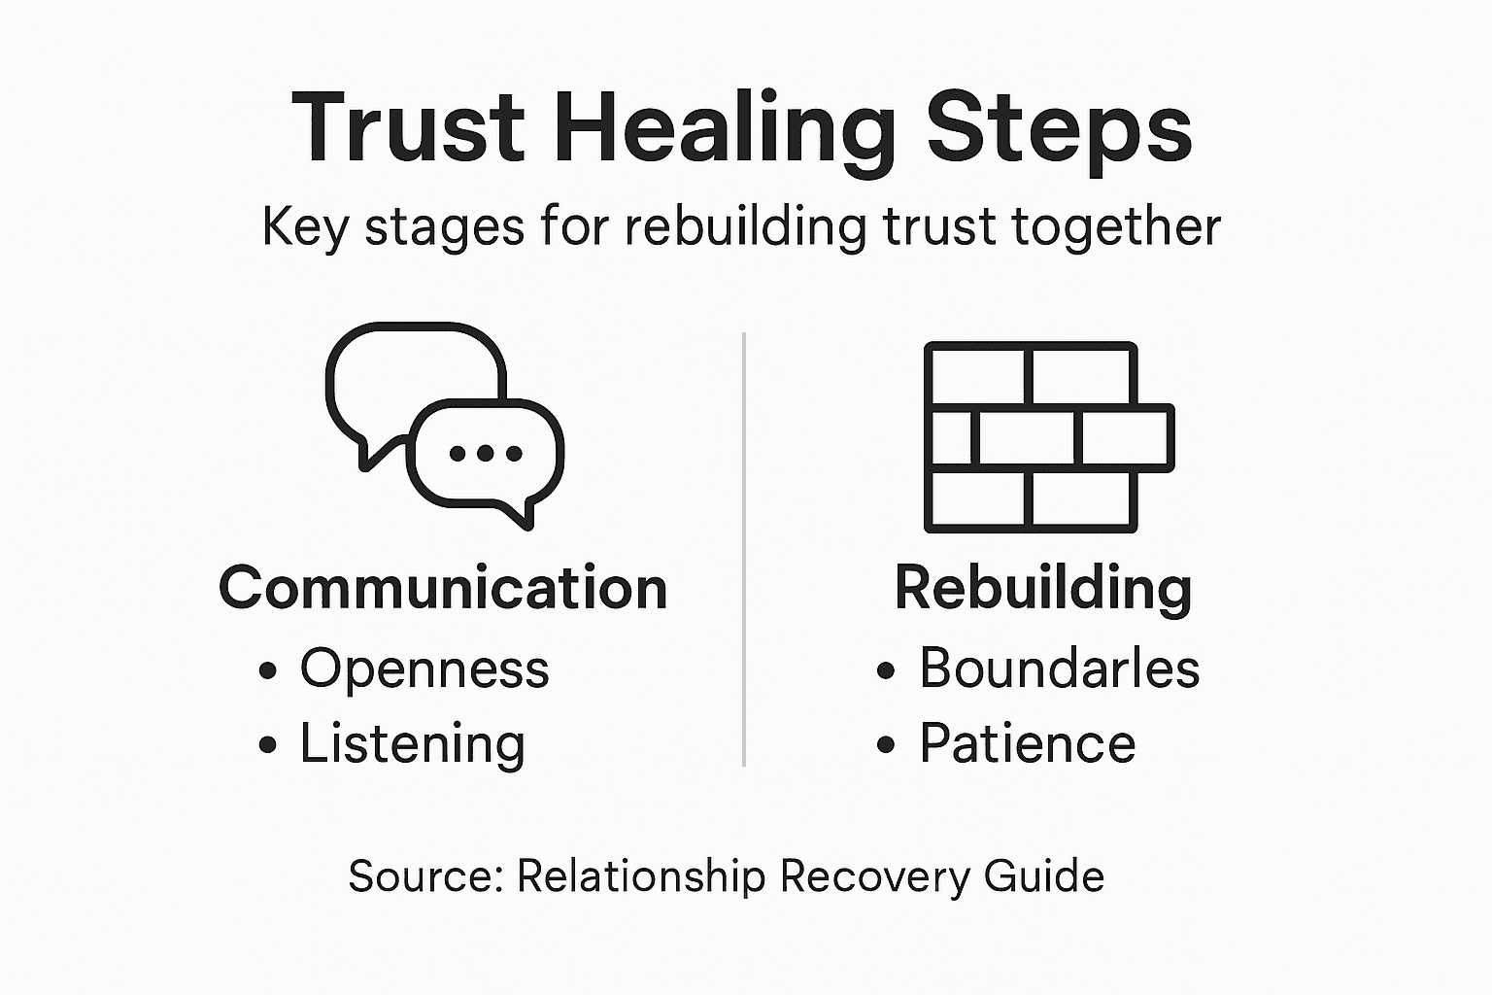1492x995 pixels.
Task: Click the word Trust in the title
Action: (x=408, y=127)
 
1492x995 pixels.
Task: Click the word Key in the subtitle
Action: (x=304, y=227)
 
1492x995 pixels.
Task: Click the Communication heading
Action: (x=443, y=588)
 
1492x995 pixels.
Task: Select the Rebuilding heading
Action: (x=1042, y=588)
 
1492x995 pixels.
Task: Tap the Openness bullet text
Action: (x=424, y=669)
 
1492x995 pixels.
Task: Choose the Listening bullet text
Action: (x=412, y=744)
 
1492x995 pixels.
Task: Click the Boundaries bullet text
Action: (x=1059, y=669)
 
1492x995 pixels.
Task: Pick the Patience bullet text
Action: (x=1027, y=744)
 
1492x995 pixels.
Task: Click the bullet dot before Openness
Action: (x=268, y=670)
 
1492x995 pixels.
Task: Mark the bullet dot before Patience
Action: (x=885, y=745)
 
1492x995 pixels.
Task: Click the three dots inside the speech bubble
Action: (x=486, y=453)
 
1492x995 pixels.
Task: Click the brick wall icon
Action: (x=1047, y=436)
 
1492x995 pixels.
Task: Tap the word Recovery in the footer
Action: (x=874, y=876)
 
